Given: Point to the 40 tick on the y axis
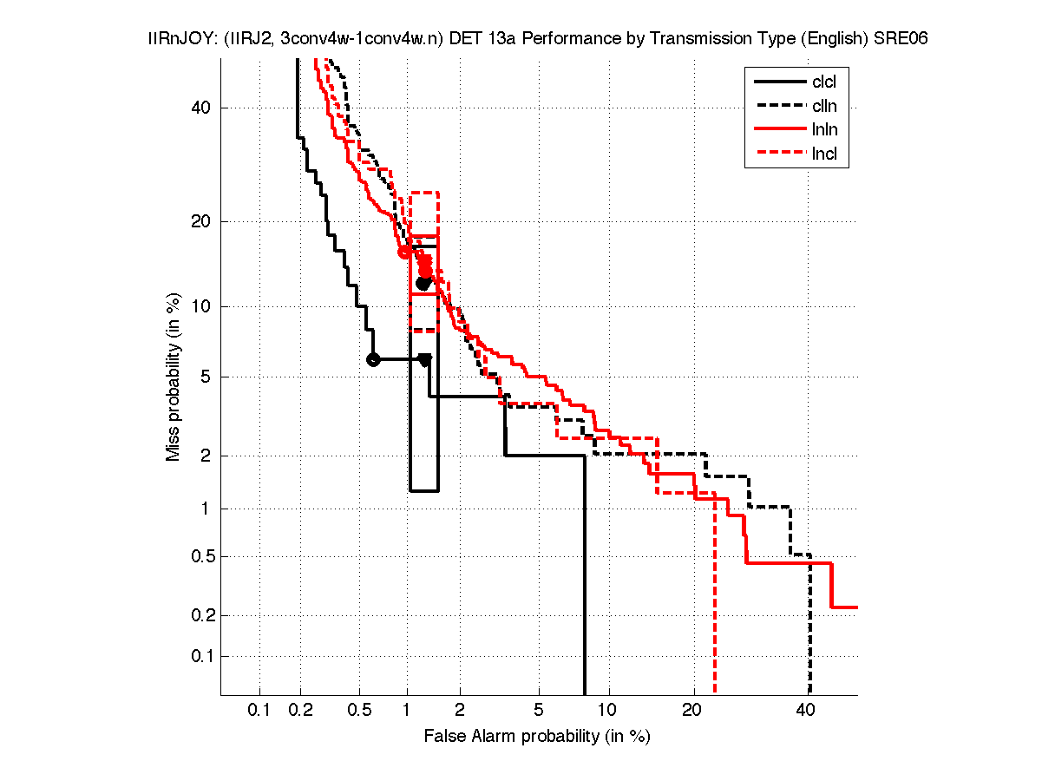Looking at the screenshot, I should click(x=201, y=108).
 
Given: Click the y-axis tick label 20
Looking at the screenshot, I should click(x=201, y=221).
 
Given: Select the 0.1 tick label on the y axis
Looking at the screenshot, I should click(x=198, y=656).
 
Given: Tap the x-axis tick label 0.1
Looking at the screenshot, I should click(x=259, y=711).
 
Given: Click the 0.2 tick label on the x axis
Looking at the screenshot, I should click(x=301, y=711).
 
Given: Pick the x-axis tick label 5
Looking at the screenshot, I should click(x=539, y=711).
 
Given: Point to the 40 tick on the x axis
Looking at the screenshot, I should click(x=806, y=711).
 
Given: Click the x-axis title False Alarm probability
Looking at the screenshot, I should click(x=537, y=737).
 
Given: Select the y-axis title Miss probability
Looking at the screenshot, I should click(x=174, y=376).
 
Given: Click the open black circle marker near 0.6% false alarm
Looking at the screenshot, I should click(x=373, y=359).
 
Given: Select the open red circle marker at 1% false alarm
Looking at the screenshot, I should click(x=404, y=252).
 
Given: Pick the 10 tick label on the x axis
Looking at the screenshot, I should click(x=609, y=711).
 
